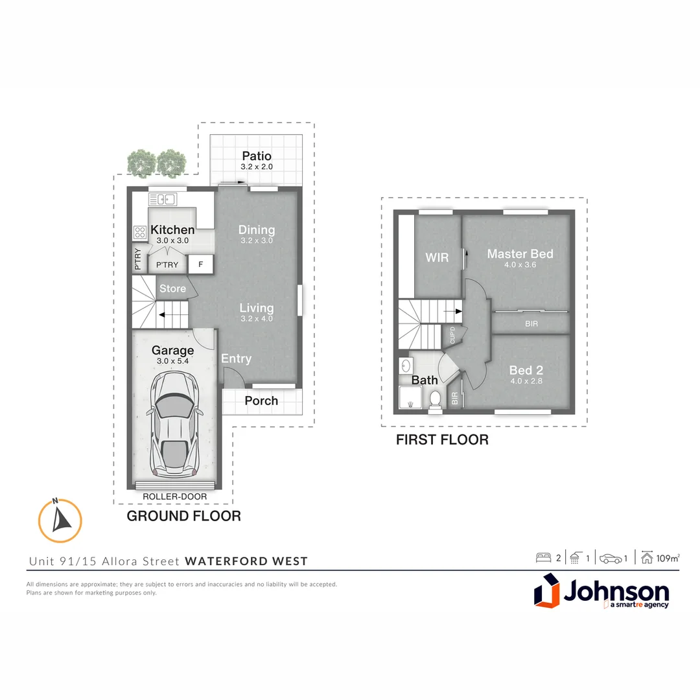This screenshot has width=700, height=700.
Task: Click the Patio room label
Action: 257,156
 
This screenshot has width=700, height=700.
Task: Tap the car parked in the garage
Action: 173,424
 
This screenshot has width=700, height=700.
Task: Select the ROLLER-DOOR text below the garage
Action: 175,496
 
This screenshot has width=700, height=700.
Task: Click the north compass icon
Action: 60,520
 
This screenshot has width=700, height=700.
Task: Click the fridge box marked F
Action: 201,264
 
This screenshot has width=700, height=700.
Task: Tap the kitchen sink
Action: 163,199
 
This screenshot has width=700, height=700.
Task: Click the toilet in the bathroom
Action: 436,399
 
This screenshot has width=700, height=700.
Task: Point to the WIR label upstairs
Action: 437,257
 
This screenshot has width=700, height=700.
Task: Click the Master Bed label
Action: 520,254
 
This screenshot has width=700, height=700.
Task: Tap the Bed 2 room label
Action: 525,371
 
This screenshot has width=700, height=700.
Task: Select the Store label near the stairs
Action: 172,288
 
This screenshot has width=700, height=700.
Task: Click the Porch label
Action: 261,401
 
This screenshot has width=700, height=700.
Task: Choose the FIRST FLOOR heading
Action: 442,440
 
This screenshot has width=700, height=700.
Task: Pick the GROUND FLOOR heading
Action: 183,516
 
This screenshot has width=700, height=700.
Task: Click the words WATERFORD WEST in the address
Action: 246,561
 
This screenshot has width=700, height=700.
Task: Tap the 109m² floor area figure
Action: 667,558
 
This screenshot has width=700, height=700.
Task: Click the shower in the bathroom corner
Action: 409,399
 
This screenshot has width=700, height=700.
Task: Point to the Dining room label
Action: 257,230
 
